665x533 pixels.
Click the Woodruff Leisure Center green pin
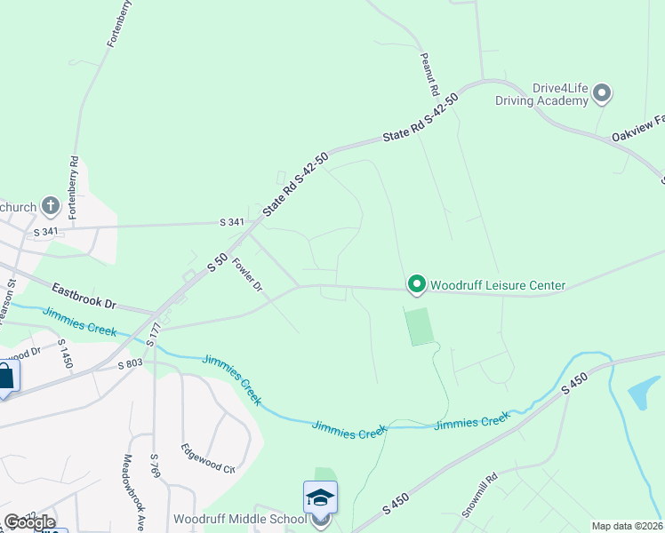coord(416,284)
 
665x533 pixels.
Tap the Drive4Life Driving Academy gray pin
coord(603,91)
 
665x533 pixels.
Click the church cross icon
coord(51,207)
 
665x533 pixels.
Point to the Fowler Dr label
coord(248,274)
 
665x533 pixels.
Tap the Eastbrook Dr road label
coord(84,295)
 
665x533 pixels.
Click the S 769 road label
coord(155,465)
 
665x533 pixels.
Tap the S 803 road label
coord(129,362)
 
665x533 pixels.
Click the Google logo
coord(28,522)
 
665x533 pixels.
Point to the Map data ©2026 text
coord(627,526)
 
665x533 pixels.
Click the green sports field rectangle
coord(420,326)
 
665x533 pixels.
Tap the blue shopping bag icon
coord(4,377)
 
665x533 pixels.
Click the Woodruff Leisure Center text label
coord(498,285)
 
